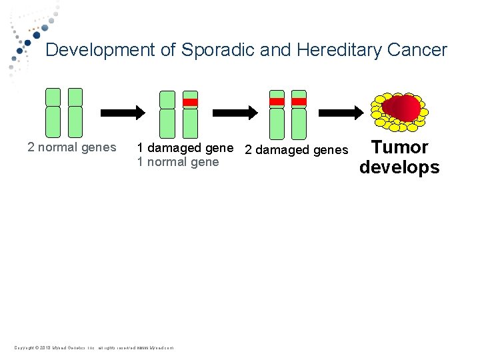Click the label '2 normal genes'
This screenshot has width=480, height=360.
[72, 147]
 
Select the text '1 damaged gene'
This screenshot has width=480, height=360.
[185, 147]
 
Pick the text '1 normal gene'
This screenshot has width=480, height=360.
[177, 162]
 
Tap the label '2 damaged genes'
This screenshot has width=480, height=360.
[296, 149]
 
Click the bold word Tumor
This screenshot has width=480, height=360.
[399, 147]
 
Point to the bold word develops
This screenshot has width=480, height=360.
[399, 167]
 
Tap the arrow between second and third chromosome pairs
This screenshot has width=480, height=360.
[231, 111]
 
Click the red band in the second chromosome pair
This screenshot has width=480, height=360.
[191, 103]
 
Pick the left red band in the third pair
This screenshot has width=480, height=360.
[277, 102]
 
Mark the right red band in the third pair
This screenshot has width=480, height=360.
[299, 102]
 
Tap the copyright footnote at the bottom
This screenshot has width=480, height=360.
[93, 347]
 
